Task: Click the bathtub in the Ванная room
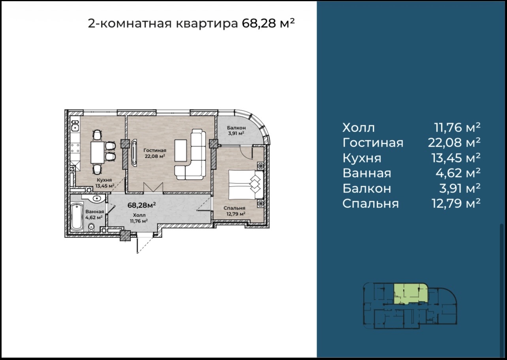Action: coord(77,217)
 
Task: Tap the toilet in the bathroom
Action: coord(91,227)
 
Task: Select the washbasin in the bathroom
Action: coord(97,198)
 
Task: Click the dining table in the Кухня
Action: coord(98,152)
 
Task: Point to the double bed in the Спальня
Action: coord(246,185)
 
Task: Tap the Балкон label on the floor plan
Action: coord(236,128)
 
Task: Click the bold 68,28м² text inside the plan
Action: coord(142,205)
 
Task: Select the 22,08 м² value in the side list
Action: coord(454,143)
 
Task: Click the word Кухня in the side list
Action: coord(362,158)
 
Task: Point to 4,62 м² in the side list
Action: coord(458,173)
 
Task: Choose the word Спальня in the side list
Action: coord(370,204)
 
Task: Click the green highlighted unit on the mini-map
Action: coord(410,293)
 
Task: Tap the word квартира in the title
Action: coord(207,23)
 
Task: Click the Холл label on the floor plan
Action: coord(139,215)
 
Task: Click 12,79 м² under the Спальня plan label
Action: coord(236,214)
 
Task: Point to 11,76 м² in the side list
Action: coord(457,127)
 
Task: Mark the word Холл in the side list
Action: coord(359,128)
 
